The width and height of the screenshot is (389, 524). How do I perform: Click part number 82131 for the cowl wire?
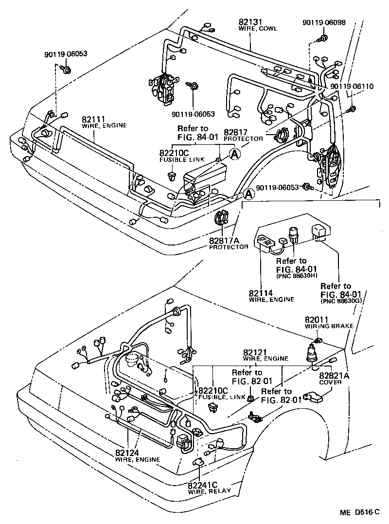coord(250,22)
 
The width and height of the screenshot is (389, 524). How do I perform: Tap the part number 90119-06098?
coord(322,22)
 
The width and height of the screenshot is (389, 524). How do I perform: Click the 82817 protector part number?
coord(235,132)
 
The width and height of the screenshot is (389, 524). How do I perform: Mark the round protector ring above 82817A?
coord(222,217)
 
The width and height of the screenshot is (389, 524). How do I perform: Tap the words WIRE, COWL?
coord(258,29)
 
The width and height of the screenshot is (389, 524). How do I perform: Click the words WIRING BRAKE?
coord(323,326)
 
